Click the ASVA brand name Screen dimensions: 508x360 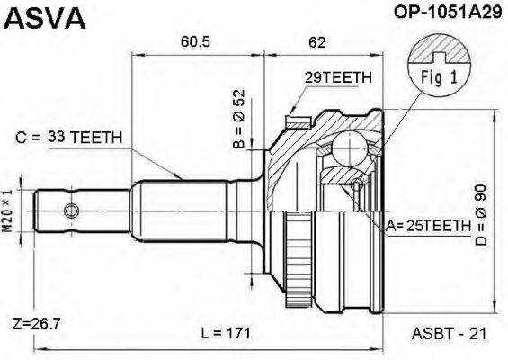tap(44, 18)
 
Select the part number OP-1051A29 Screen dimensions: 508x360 tap(448, 12)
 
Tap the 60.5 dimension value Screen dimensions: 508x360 tap(195, 41)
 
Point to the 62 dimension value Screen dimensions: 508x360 tap(316, 42)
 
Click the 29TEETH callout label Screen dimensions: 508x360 tap(338, 77)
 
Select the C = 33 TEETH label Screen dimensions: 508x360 tap(68, 138)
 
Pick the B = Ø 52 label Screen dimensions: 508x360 tap(239, 119)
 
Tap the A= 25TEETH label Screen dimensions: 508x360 tap(428, 225)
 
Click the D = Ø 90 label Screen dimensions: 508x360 tap(481, 215)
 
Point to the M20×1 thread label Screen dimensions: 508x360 tap(7, 211)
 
